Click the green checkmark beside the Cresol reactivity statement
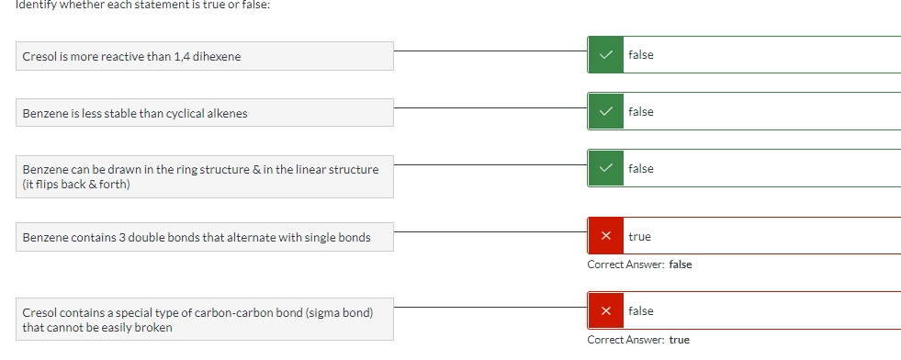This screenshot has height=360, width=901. (604, 55)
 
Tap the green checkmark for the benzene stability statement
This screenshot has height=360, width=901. (604, 112)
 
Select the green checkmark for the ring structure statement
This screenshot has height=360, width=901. (604, 169)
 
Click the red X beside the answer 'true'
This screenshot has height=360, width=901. (605, 237)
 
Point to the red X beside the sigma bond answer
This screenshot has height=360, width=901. (605, 311)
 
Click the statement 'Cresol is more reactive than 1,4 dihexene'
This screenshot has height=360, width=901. (131, 57)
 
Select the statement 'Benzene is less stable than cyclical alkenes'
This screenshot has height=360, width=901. (134, 114)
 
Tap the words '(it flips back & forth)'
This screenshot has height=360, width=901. (76, 185)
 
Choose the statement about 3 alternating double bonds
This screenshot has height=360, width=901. (197, 238)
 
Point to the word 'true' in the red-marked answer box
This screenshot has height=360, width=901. (639, 237)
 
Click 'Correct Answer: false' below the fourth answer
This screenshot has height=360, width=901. (639, 264)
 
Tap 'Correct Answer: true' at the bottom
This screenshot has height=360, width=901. (638, 340)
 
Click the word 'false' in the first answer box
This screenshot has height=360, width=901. (641, 55)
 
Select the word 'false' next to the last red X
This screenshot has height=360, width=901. (641, 311)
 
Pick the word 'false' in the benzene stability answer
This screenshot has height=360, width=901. (641, 112)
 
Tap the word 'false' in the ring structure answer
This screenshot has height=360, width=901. (641, 169)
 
